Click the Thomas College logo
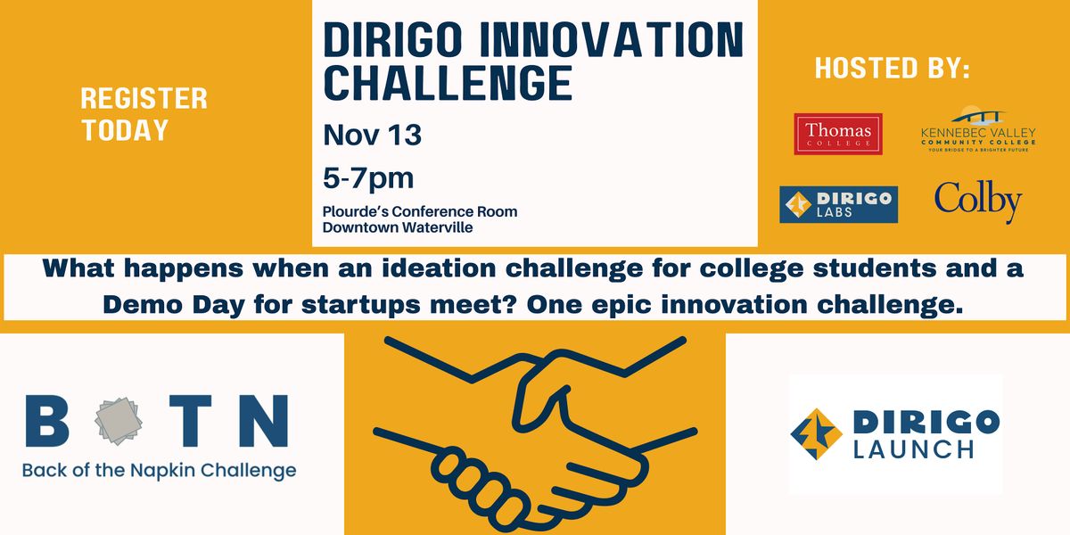point(838,134)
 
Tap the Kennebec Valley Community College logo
point(978,129)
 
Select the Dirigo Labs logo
point(838,204)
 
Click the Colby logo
point(978,202)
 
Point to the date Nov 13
point(372,135)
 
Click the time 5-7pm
point(367,178)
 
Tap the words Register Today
point(144,114)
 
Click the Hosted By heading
point(893,68)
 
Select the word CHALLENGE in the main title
point(448,83)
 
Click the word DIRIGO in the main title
point(392,39)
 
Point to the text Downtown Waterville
point(398,227)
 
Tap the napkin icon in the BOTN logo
point(119,421)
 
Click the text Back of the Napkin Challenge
point(159,471)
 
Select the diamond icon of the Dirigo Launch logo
point(817,433)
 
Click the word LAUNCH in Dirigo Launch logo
point(913,449)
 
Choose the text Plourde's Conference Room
point(420,211)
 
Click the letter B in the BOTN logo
point(46,421)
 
